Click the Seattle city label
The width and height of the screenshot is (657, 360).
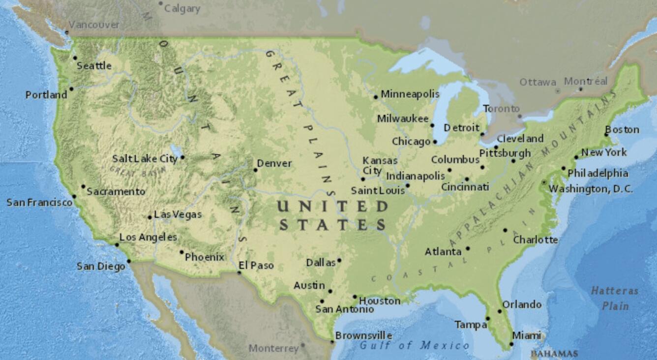(x=94, y=66)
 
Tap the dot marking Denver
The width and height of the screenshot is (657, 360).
(x=255, y=170)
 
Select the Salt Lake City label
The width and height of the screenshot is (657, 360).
(x=145, y=158)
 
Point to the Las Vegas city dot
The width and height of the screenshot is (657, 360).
(x=150, y=217)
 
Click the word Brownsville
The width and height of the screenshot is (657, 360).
(x=363, y=335)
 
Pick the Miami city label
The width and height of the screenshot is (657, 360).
(x=526, y=335)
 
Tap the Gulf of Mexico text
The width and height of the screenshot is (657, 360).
(x=414, y=346)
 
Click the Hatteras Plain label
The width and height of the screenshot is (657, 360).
(x=615, y=298)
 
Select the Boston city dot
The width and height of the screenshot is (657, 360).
(x=606, y=135)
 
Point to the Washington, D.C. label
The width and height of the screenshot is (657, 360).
(x=591, y=189)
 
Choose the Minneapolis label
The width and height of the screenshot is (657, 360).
(x=410, y=94)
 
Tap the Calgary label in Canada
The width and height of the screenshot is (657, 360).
(x=182, y=8)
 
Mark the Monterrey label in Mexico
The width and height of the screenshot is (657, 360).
(x=273, y=348)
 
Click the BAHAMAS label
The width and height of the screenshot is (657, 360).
(x=554, y=354)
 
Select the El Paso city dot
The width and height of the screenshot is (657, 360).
(x=239, y=273)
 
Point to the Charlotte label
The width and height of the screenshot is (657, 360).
(x=536, y=240)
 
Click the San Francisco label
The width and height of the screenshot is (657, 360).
(x=39, y=202)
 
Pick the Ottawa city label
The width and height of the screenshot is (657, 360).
(x=538, y=82)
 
